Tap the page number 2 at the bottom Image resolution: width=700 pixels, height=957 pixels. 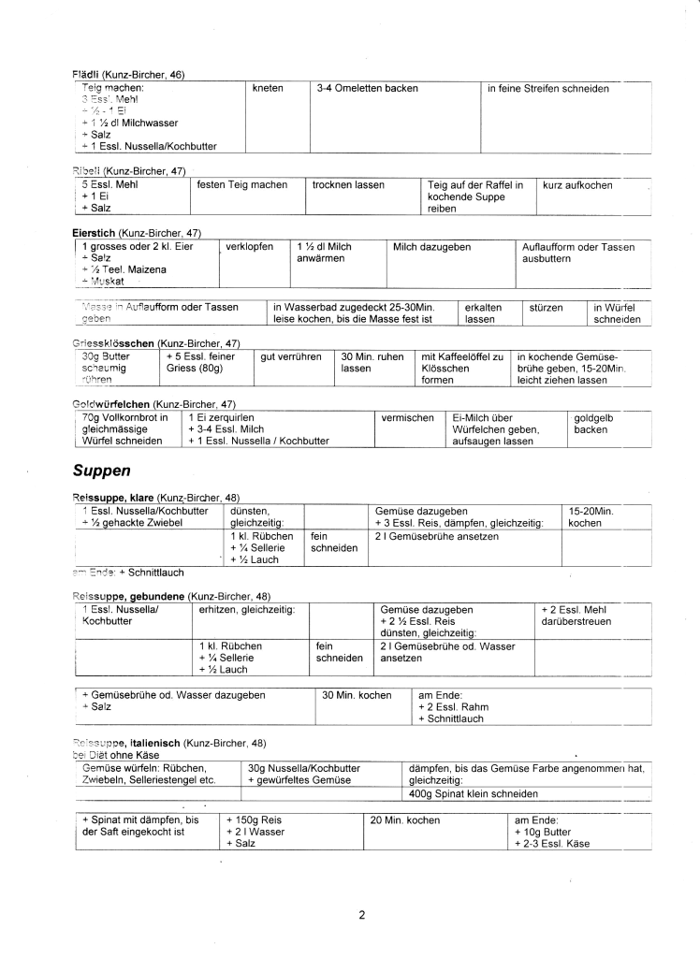[361, 915]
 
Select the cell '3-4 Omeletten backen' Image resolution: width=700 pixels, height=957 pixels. [367, 89]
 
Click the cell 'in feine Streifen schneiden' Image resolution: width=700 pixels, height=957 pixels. [547, 89]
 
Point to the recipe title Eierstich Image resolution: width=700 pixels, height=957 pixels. [95, 232]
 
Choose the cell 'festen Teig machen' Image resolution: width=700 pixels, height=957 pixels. [242, 185]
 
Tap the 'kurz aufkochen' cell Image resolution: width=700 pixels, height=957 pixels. [577, 185]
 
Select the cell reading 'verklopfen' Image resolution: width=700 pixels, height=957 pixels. [250, 247]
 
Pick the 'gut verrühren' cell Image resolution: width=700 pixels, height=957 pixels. [291, 357]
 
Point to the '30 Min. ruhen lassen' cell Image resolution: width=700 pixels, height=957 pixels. [372, 363]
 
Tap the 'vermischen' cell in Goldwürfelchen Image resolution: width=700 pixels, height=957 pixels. [408, 418]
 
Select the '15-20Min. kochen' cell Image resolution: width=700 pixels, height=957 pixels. [591, 517]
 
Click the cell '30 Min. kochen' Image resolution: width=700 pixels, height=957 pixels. [356, 695]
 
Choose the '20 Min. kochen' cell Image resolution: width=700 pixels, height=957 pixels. [404, 820]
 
